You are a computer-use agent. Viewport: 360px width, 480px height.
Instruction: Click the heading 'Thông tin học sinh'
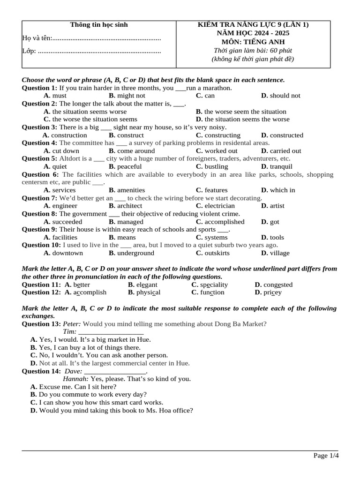tap(98, 25)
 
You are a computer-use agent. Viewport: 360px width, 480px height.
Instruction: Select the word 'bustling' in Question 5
tap(216, 166)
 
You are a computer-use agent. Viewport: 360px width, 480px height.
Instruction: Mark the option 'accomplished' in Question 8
tap(225, 222)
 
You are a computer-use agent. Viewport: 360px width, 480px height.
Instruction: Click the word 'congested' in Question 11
tap(278, 285)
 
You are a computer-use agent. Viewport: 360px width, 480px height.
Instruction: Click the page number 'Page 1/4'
tap(326, 456)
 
